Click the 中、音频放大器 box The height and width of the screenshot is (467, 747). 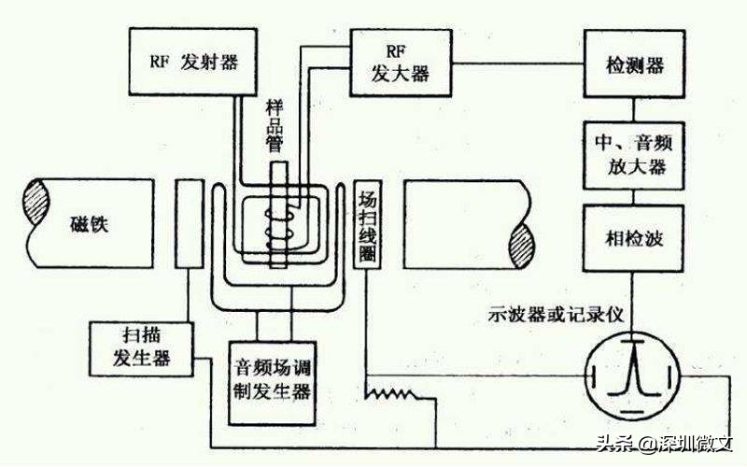tap(634, 155)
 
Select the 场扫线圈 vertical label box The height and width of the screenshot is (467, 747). tap(367, 224)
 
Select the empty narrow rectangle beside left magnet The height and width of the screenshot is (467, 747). tap(189, 223)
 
